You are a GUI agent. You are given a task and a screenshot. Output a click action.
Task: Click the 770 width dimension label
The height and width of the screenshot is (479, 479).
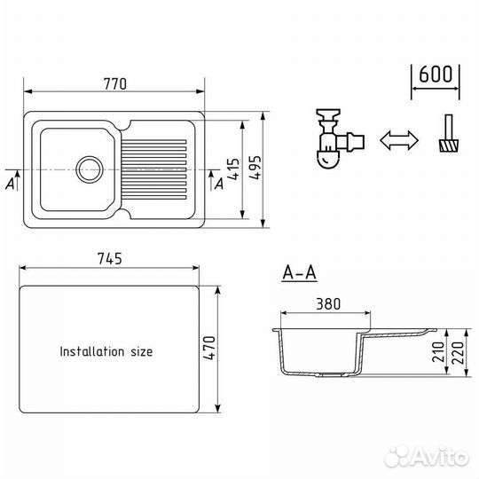pyautogui.click(x=114, y=84)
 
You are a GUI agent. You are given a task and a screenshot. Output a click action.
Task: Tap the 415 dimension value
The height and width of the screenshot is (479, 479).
pyautogui.click(x=233, y=169)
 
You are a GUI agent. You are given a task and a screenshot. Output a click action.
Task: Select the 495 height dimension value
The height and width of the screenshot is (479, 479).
pyautogui.click(x=255, y=168)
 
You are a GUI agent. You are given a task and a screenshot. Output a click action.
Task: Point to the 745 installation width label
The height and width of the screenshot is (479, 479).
pyautogui.click(x=110, y=259)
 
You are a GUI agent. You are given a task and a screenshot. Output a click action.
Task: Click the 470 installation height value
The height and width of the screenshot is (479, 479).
pyautogui.click(x=209, y=348)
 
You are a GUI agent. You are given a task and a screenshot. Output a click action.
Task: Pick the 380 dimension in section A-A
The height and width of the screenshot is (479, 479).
pyautogui.click(x=328, y=304)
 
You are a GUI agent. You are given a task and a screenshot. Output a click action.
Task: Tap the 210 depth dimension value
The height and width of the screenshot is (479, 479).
pyautogui.click(x=438, y=352)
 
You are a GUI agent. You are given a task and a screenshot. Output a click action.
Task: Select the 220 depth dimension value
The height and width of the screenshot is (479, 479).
pyautogui.click(x=458, y=353)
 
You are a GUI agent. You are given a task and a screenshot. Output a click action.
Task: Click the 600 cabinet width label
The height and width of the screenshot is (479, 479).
pyautogui.click(x=436, y=75)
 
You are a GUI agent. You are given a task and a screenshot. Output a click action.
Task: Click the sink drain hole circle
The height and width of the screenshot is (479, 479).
pyautogui.click(x=90, y=169)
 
